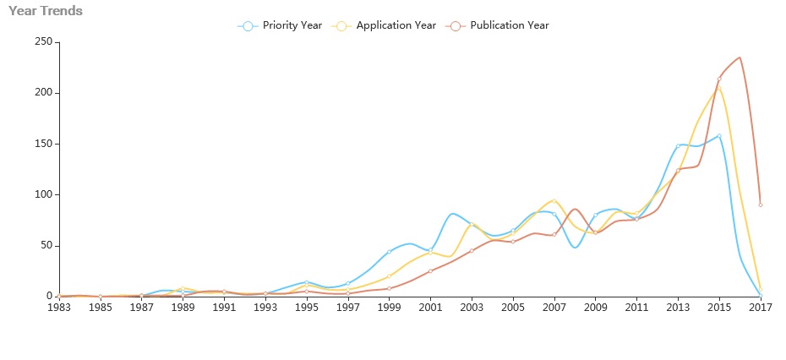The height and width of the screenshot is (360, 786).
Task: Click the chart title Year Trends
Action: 46,11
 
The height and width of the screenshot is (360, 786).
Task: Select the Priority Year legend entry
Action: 281,25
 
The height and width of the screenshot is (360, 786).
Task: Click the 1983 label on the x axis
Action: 59,308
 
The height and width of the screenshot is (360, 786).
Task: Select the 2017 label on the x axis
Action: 761,308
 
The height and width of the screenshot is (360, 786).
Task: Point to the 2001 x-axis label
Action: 430,308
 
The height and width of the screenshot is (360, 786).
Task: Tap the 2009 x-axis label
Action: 596,308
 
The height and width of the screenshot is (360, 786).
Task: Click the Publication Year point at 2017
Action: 761,205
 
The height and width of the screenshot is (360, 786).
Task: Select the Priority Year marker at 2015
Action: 719,135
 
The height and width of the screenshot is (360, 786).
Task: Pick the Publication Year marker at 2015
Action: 719,79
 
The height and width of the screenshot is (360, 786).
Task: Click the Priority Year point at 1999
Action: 389,252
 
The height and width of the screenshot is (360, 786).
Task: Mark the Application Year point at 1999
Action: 389,276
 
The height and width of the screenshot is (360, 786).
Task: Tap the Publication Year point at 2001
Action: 430,271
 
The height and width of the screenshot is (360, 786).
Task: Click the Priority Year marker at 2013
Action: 678,146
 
